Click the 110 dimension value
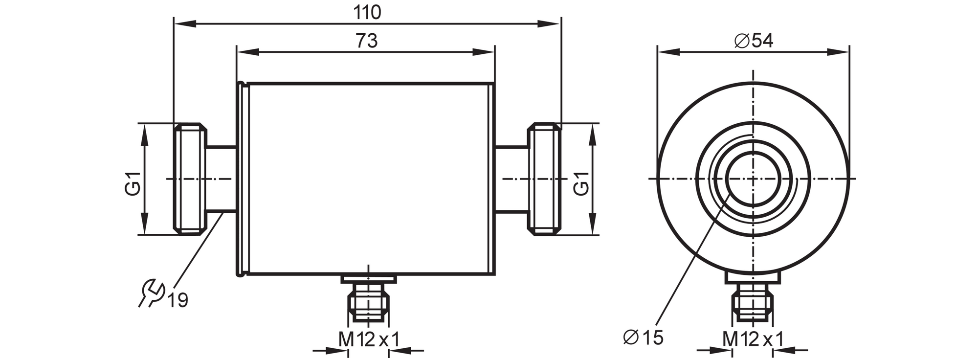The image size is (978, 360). pos(367,12)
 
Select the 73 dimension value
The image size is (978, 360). pos(367,41)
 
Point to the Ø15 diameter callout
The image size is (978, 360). pos(643,337)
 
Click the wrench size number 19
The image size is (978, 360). pos(178,300)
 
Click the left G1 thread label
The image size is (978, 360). pos(133,183)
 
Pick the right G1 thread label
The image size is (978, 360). pos(581,183)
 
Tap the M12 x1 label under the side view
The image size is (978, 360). pos(369,339)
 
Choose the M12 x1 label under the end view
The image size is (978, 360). pos(753,339)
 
